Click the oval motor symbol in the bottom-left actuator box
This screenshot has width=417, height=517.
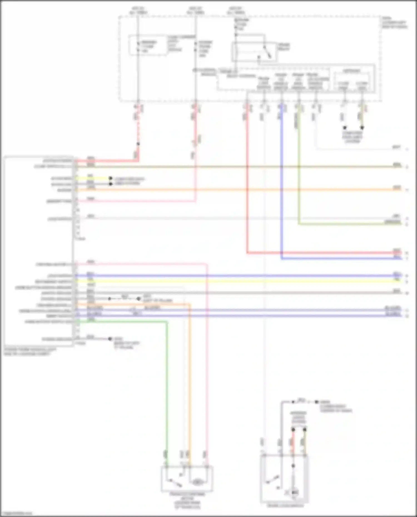point(197,482)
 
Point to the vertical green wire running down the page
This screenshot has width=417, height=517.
point(167,389)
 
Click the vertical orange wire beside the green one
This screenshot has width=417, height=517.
point(190,389)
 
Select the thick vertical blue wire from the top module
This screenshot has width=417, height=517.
point(281,181)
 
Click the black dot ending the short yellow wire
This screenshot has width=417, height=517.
point(111,178)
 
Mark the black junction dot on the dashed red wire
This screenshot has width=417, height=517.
point(138,144)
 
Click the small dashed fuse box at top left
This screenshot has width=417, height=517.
point(148,46)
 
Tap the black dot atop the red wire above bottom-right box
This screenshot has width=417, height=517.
point(293,430)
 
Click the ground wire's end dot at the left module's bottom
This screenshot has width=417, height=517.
point(110,339)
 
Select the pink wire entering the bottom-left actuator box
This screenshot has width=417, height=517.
point(207,389)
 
